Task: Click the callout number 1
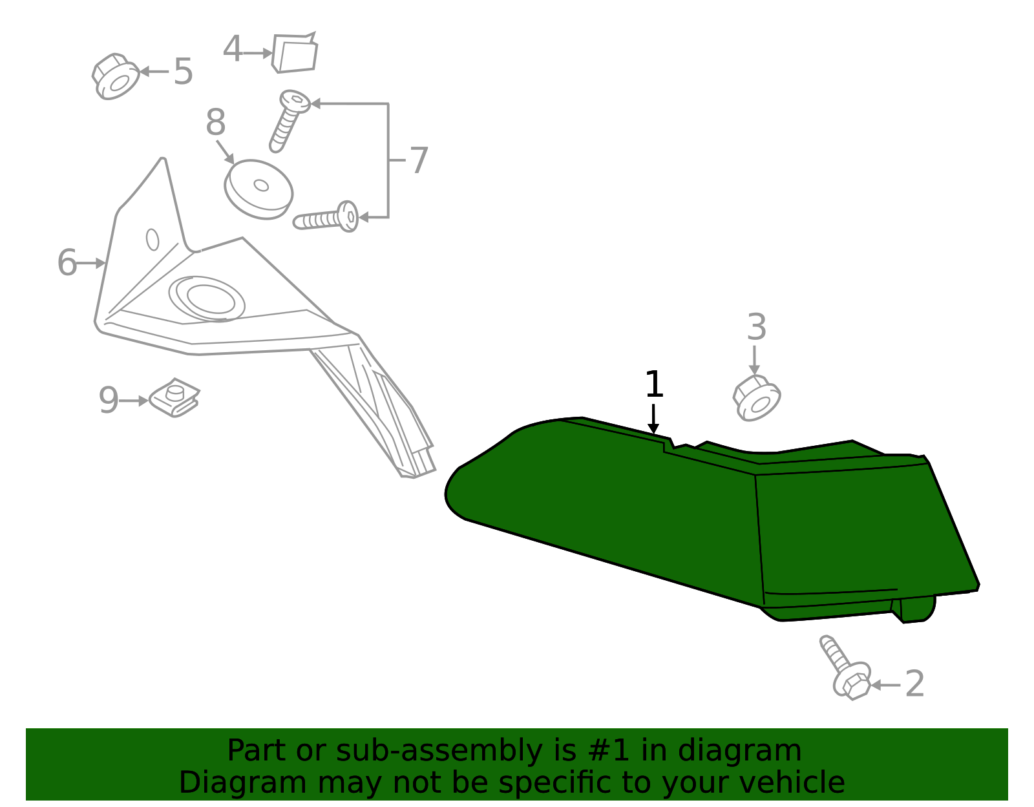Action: coord(654,384)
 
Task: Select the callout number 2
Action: coord(914,684)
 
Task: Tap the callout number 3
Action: coord(757,327)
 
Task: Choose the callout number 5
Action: coord(183,72)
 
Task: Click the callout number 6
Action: coord(67,262)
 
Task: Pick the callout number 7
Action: coord(419,160)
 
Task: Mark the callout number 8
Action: coord(216,122)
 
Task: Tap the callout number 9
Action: coord(109,401)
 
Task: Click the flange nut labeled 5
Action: coord(116,76)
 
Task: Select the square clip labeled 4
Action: coord(295,53)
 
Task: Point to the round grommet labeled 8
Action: coord(258,189)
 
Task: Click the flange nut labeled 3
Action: coord(757,398)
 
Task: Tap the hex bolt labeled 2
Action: coord(845,667)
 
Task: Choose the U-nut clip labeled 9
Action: coord(174,397)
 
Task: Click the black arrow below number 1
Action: coord(653,419)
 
